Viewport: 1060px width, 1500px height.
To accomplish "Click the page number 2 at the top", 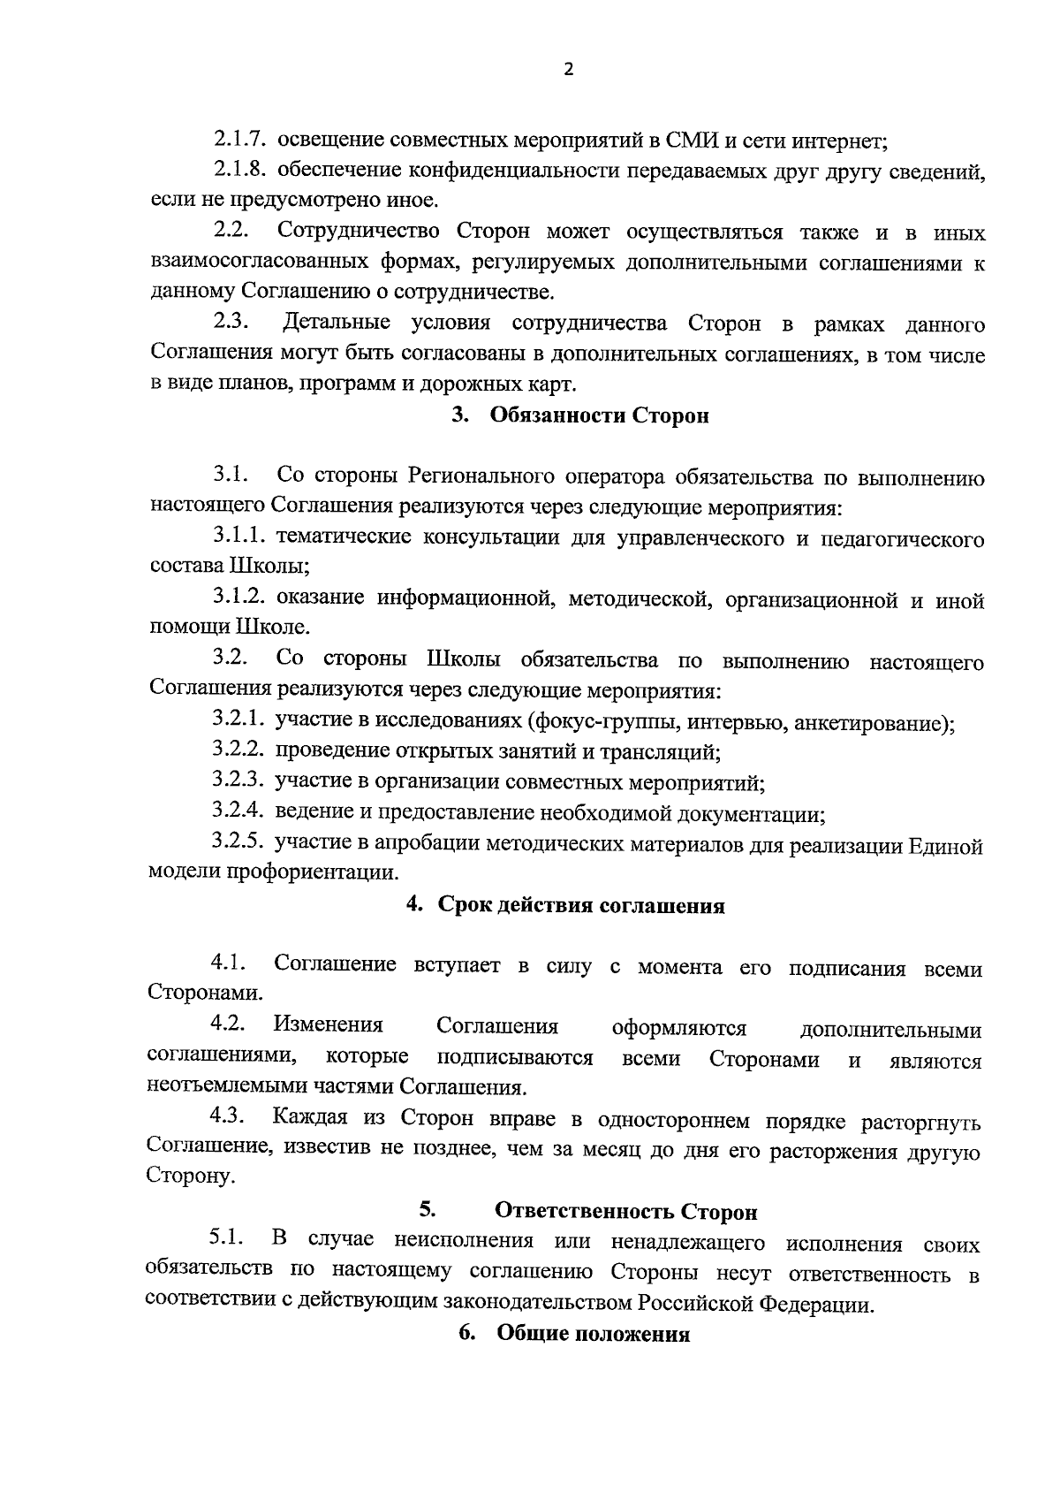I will coord(568,70).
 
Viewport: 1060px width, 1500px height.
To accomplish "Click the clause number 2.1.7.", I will coord(240,140).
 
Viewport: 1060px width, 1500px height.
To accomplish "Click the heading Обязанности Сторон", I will coord(599,415).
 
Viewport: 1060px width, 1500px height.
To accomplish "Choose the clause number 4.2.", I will coord(227,1024).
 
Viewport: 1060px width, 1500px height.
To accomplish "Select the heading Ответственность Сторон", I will coord(625,1211).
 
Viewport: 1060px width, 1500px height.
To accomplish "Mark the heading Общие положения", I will coord(593,1335).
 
